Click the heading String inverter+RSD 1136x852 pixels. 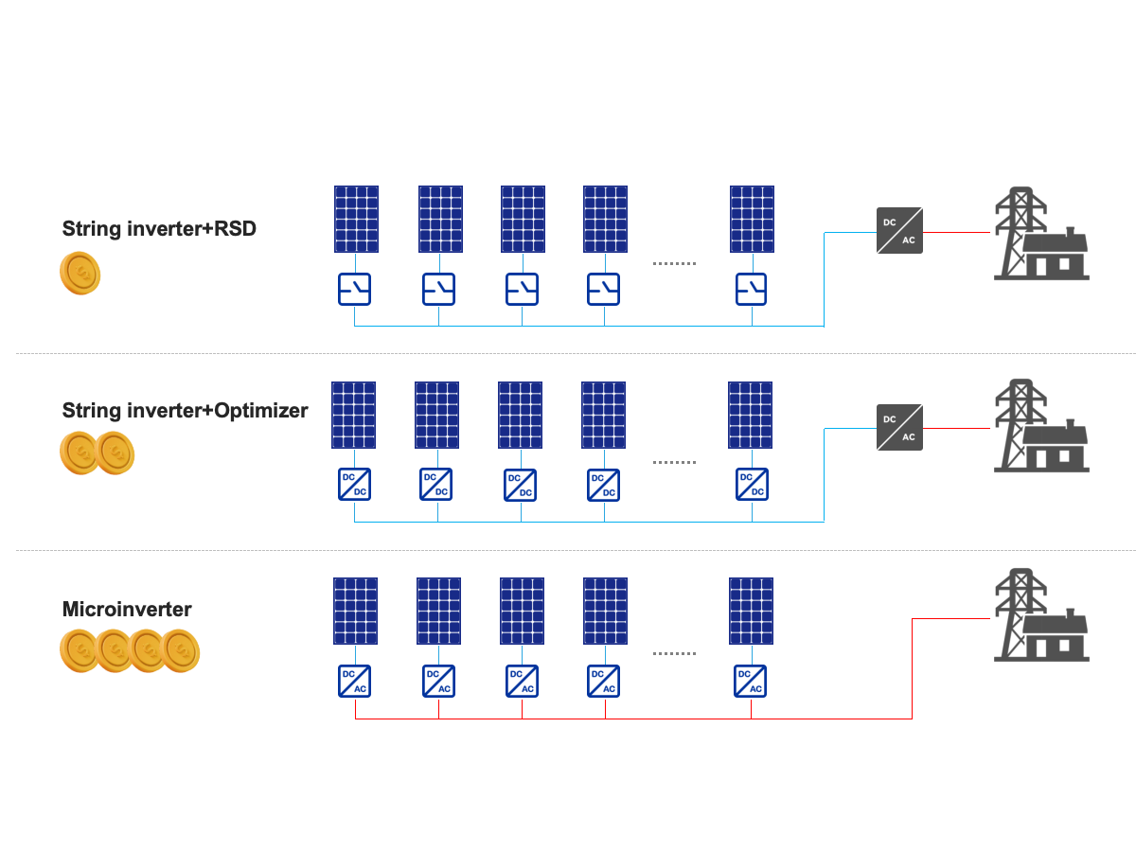tap(159, 229)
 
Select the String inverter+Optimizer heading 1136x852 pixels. tap(185, 411)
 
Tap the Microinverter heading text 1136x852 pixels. tap(127, 610)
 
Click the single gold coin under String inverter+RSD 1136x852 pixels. tap(80, 274)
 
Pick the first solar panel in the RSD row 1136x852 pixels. tap(356, 219)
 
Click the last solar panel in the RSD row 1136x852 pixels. tap(752, 219)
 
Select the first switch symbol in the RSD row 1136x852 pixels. tap(355, 289)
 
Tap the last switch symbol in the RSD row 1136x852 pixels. tap(752, 289)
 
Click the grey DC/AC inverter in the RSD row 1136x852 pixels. tap(899, 230)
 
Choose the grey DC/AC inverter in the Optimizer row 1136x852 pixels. tap(899, 427)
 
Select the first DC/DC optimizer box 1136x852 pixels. tap(354, 484)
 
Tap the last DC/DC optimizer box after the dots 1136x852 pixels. tap(752, 484)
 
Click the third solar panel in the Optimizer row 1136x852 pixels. tap(521, 415)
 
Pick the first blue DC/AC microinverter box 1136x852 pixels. tap(355, 681)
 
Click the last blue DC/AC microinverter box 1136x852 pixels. tap(751, 681)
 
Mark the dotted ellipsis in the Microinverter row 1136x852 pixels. tap(674, 654)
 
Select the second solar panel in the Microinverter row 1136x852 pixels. tap(439, 611)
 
